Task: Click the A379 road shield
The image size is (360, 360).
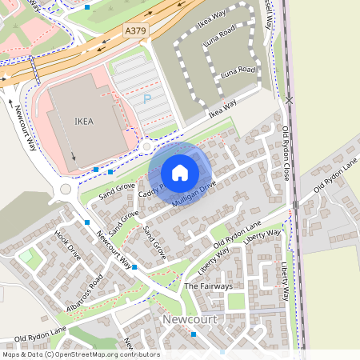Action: pyautogui.click(x=136, y=30)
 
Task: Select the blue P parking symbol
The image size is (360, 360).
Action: pyautogui.click(x=146, y=99)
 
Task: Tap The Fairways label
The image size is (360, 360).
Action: pyautogui.click(x=208, y=286)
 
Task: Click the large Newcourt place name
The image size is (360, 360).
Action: pyautogui.click(x=190, y=319)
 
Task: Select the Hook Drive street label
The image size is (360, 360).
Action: pyautogui.click(x=68, y=246)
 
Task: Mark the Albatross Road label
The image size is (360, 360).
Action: pyautogui.click(x=86, y=294)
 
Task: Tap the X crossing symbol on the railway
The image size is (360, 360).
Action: pyautogui.click(x=290, y=100)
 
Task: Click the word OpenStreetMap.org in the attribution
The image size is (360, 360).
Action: pyautogui.click(x=87, y=354)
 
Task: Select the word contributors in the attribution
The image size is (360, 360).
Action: pyautogui.click(x=139, y=354)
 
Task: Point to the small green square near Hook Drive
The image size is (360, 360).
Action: pyautogui.click(x=26, y=258)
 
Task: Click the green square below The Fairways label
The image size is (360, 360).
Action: pyautogui.click(x=235, y=301)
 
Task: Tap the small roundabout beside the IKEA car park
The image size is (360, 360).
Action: pyautogui.click(x=145, y=146)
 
